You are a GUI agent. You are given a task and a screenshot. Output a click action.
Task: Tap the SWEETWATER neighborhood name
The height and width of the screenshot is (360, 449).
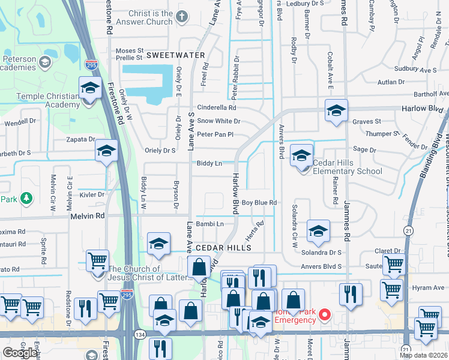click(x=175, y=55)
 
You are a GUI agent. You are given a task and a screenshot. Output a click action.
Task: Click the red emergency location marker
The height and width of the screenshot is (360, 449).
click(x=325, y=314)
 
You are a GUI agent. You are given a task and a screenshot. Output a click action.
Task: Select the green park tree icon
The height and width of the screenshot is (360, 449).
click(x=26, y=198)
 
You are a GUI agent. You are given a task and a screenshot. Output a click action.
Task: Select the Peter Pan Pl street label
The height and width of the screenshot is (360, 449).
click(x=214, y=134)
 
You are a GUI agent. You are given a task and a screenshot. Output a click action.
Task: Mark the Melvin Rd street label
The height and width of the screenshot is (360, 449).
click(x=88, y=215)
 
